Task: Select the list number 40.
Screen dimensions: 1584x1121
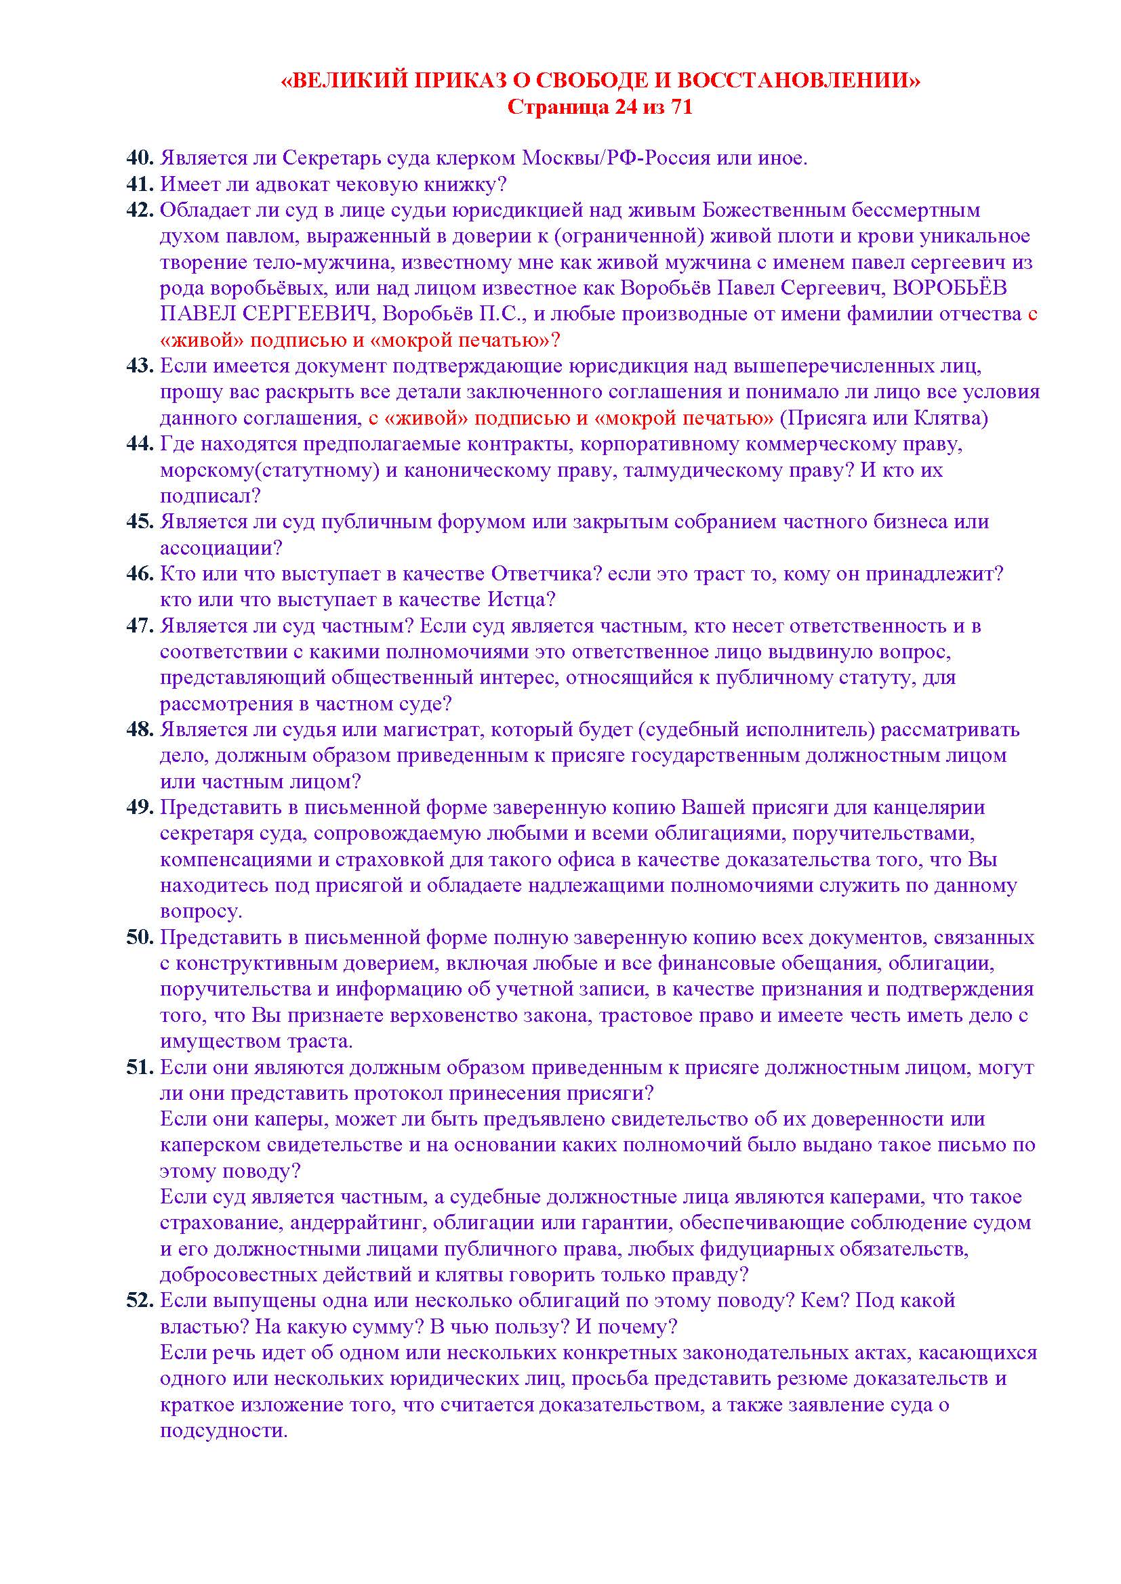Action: tap(140, 158)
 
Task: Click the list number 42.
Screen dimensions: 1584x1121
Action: tap(140, 210)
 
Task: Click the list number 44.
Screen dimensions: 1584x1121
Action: tap(140, 444)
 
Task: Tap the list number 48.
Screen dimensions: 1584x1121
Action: tap(140, 729)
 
